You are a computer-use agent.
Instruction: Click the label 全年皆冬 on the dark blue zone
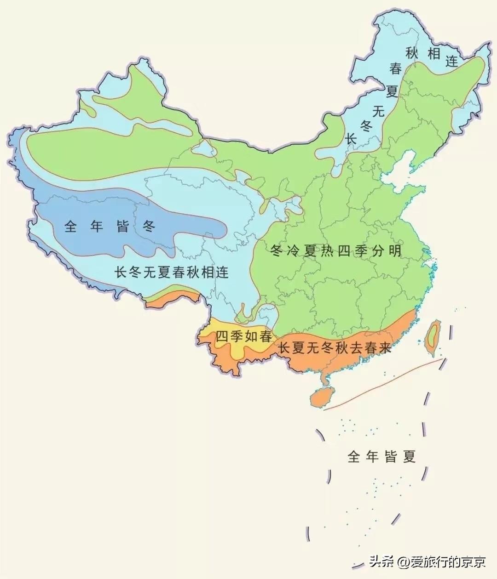[x=110, y=226]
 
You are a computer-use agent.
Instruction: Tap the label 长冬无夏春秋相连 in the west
[x=171, y=272]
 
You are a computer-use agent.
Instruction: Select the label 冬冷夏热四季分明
[x=336, y=251]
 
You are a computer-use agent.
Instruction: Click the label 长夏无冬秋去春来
[x=335, y=348]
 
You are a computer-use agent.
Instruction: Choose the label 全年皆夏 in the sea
[x=381, y=456]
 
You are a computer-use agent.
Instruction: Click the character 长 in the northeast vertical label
[x=352, y=138]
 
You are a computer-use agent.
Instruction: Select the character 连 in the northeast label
[x=452, y=61]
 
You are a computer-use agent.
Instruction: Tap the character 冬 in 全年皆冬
[x=148, y=226]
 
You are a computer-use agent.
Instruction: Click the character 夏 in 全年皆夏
[x=409, y=456]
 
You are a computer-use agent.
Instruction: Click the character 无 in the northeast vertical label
[x=379, y=111]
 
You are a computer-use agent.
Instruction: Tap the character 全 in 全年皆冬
[x=70, y=226]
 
